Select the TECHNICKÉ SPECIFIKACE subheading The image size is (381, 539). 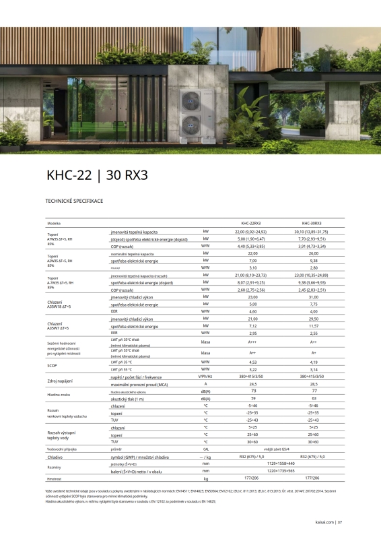click(74, 201)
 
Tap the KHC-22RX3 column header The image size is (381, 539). click(251, 223)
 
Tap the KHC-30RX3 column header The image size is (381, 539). click(312, 223)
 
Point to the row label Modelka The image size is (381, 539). click(54, 223)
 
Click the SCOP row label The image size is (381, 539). click(52, 367)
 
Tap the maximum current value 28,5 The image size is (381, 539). click(313, 384)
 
